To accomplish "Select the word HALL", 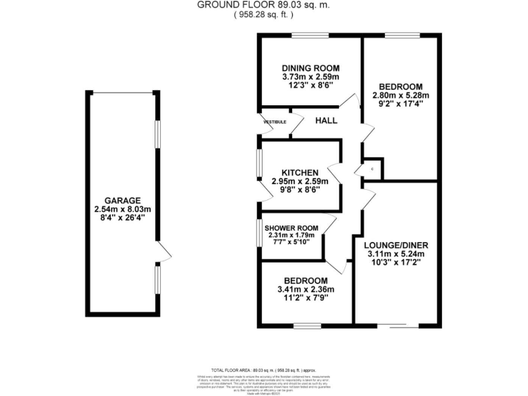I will point(326,120).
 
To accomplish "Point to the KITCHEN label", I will point(299,172).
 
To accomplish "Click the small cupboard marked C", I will point(373,168).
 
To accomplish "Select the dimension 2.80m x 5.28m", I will point(400,96).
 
